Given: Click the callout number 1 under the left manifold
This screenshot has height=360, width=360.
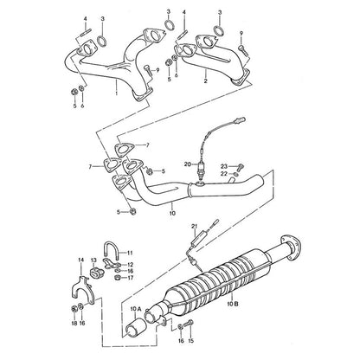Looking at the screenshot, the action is [x=117, y=93].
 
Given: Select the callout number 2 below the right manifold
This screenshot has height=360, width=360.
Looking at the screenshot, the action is [x=206, y=81].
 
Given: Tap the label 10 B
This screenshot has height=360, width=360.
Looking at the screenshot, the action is [x=232, y=304].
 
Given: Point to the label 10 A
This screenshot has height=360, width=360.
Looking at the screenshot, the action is [x=136, y=309].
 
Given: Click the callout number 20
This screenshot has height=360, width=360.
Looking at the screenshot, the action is [x=188, y=164].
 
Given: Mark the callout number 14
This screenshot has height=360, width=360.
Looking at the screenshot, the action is [x=80, y=260].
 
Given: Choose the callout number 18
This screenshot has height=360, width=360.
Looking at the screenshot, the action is [x=74, y=324].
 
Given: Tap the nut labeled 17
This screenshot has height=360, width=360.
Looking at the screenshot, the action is [x=118, y=278].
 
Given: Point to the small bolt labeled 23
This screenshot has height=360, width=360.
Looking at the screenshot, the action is [x=241, y=166].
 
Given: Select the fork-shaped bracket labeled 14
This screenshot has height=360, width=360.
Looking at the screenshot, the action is [x=82, y=289].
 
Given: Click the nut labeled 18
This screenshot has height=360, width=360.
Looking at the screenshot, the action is [x=74, y=308].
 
